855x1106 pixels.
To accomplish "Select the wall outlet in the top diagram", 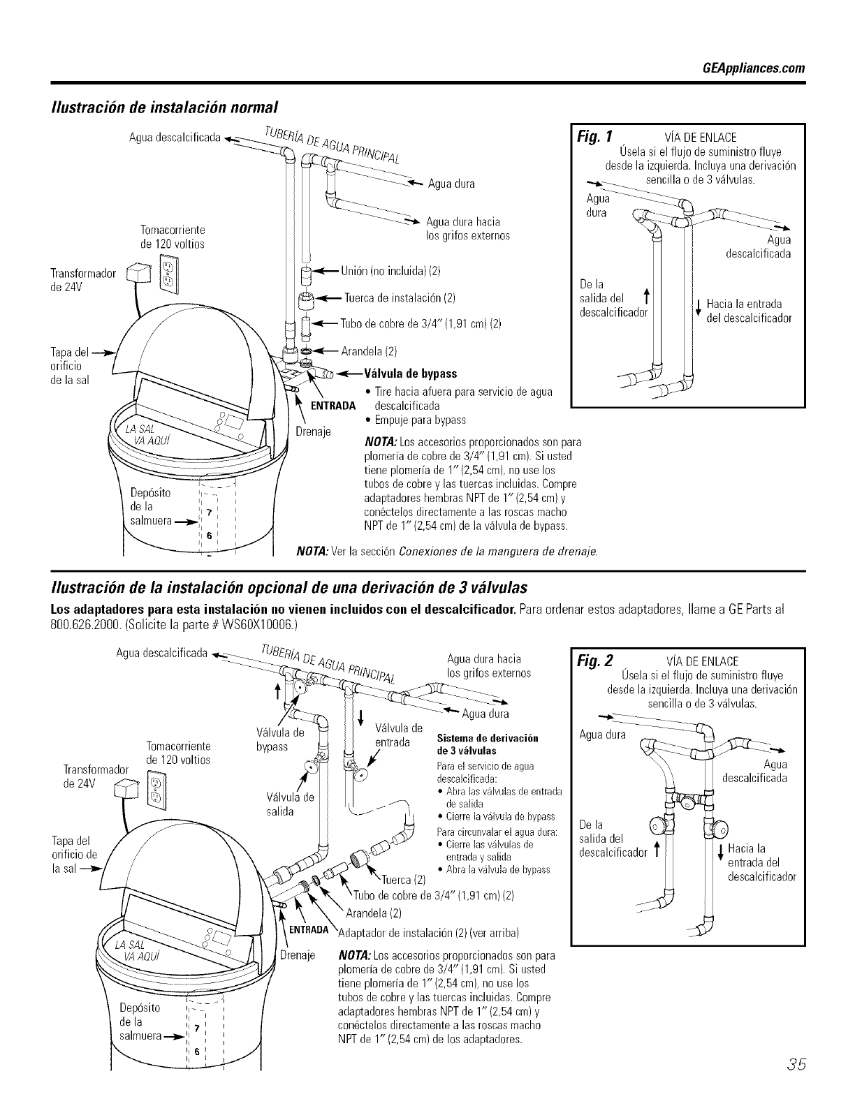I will point(168,273).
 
